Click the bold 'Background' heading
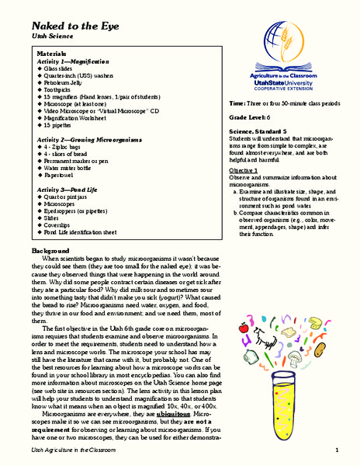pos(51,252)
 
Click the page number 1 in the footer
pos(338,450)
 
